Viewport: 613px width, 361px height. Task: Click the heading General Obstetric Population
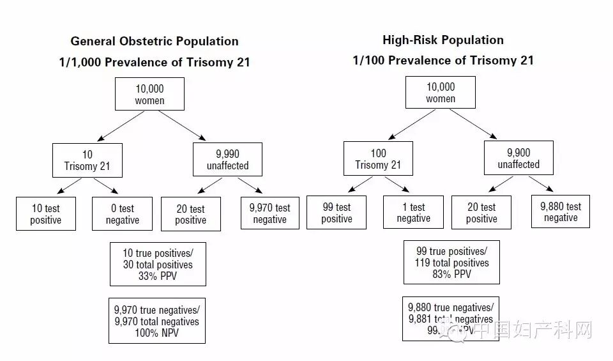155,42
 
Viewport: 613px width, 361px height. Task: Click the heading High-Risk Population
443,40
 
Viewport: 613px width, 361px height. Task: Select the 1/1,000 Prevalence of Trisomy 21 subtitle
154,63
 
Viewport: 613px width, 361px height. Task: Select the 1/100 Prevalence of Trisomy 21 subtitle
443,61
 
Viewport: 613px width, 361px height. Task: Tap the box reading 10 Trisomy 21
87,160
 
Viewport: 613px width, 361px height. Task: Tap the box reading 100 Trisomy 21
378,158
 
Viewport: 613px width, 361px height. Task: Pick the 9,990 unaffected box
228,160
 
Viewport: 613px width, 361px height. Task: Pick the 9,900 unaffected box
518,158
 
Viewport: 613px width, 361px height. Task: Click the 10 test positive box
46,214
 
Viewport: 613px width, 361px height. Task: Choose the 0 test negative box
122,214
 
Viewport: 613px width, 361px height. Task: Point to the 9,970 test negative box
269,213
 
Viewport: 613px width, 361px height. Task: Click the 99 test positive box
337,213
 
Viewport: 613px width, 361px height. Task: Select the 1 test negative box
413,213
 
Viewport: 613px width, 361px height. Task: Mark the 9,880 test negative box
560,212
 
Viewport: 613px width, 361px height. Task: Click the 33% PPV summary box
158,264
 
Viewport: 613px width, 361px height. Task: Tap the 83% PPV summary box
451,262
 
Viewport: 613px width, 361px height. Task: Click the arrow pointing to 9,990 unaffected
182,126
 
